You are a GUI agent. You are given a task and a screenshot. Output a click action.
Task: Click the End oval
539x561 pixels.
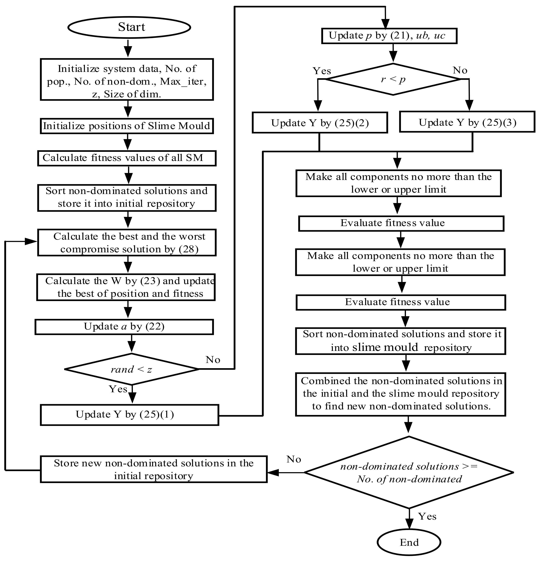tap(409, 542)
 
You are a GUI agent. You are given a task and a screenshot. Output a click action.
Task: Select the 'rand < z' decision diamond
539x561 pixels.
tap(132, 369)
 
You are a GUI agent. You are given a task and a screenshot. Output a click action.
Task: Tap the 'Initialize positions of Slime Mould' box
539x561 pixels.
tap(126, 126)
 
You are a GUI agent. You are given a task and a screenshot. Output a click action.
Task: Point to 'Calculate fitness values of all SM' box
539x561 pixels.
tap(126, 158)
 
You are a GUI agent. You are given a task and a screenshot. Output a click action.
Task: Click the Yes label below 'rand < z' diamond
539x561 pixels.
tap(118, 389)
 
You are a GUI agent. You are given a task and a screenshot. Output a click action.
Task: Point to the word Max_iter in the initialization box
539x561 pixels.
tap(183, 82)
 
